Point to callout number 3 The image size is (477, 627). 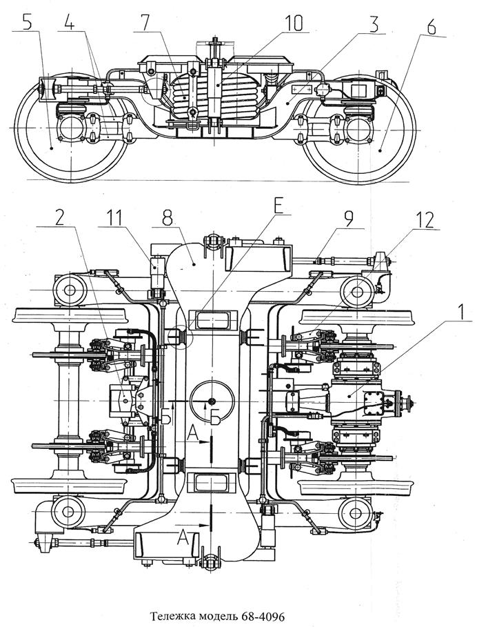click(373, 24)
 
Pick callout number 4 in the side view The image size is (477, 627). click(69, 23)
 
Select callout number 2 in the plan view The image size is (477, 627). click(59, 219)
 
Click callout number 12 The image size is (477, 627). click(426, 220)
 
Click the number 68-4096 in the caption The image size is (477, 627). click(263, 616)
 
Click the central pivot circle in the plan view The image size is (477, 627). click(212, 401)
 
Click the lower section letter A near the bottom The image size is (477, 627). click(183, 537)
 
